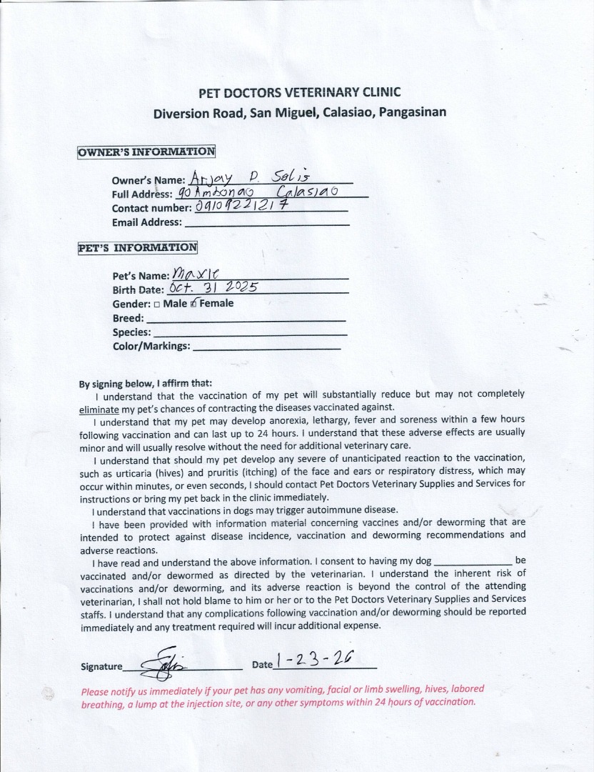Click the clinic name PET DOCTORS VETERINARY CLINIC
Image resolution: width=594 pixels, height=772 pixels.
coord(299,92)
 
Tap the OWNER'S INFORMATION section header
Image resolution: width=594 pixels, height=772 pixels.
coord(146,152)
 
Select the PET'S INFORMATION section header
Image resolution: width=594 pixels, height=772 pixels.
coord(138,247)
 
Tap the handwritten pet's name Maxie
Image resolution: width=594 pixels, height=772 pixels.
coord(195,272)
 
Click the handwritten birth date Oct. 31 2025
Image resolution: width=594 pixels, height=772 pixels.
coord(212,287)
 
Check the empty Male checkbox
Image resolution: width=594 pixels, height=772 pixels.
coord(156,304)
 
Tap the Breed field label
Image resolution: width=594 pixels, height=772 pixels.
coord(129,318)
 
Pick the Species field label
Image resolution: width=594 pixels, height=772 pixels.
coord(132,332)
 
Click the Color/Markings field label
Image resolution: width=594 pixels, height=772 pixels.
coord(151,347)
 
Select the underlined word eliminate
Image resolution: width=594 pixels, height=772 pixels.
coord(99,410)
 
